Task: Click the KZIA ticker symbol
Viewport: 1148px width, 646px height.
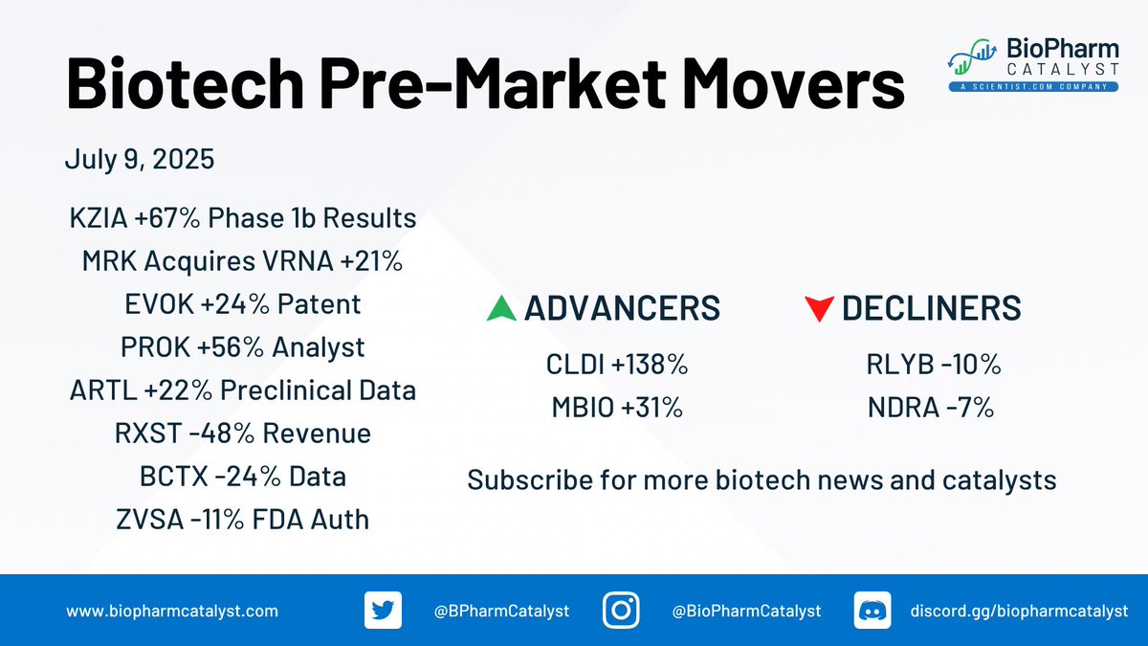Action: (99, 218)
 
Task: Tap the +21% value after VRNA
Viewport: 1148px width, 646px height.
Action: (371, 261)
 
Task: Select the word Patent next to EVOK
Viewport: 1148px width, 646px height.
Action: (319, 304)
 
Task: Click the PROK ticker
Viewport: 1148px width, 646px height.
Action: (155, 347)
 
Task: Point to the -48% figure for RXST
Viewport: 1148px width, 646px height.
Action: (221, 434)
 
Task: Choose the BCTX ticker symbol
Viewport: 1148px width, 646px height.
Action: (174, 477)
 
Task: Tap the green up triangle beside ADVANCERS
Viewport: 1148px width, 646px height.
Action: (501, 308)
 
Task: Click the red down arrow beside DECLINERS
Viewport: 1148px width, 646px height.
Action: (819, 308)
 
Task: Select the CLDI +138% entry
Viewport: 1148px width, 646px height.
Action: (616, 365)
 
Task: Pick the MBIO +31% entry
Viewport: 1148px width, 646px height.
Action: (617, 408)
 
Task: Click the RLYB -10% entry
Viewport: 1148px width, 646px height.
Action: (934, 365)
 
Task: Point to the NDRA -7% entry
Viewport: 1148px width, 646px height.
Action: (931, 408)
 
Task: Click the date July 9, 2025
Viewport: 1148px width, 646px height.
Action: (140, 159)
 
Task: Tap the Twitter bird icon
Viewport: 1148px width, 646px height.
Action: (383, 611)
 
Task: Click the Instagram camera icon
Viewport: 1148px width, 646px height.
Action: (621, 611)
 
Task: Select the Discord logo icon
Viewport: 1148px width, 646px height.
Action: (872, 611)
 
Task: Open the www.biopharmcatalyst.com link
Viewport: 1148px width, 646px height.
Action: (172, 612)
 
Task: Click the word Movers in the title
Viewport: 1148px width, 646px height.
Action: (793, 83)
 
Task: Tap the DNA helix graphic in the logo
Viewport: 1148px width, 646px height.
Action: (972, 56)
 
